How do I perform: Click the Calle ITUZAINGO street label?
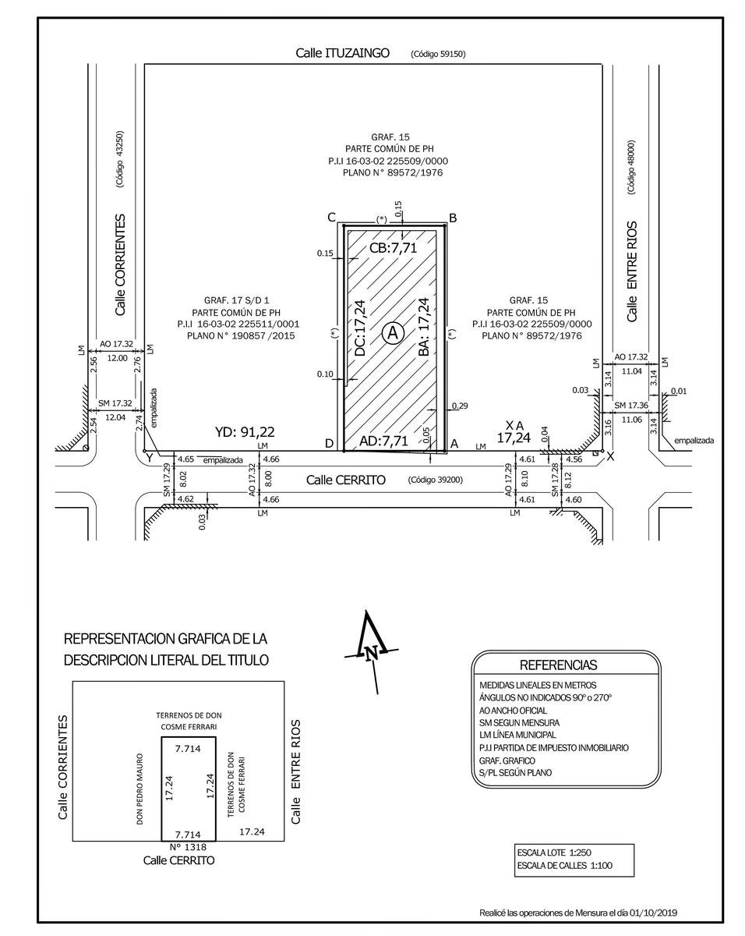342,53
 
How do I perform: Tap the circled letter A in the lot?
393,333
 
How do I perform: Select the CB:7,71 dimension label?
394,248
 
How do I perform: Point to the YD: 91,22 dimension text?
244,431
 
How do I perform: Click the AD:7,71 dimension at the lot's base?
383,441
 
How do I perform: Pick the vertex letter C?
331,217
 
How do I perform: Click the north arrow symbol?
372,650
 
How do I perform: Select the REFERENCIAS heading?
558,665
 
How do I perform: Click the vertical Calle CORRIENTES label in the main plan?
120,265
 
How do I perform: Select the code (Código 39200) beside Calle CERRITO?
436,480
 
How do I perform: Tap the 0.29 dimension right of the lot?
460,406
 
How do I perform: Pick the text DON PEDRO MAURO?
140,789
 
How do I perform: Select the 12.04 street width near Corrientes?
115,417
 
